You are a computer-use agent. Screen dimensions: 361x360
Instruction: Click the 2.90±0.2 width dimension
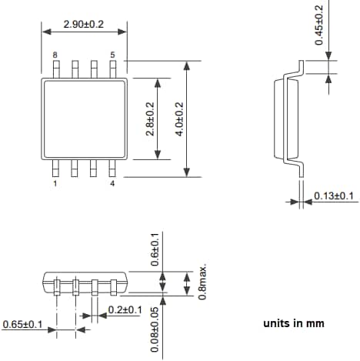(84, 25)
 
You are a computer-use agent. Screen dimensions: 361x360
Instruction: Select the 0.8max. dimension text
(203, 282)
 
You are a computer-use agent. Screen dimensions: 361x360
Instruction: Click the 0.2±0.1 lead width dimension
(125, 309)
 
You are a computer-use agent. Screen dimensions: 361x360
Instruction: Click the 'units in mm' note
(293, 323)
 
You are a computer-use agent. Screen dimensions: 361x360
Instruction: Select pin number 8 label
(55, 55)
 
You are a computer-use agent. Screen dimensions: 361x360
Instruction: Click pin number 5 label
(112, 55)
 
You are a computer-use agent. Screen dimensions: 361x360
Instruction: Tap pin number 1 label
(55, 185)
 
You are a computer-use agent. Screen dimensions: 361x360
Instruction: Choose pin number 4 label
(112, 185)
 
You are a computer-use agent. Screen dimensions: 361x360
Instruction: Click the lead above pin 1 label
(56, 168)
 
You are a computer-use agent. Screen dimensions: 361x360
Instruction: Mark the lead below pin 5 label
(113, 69)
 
